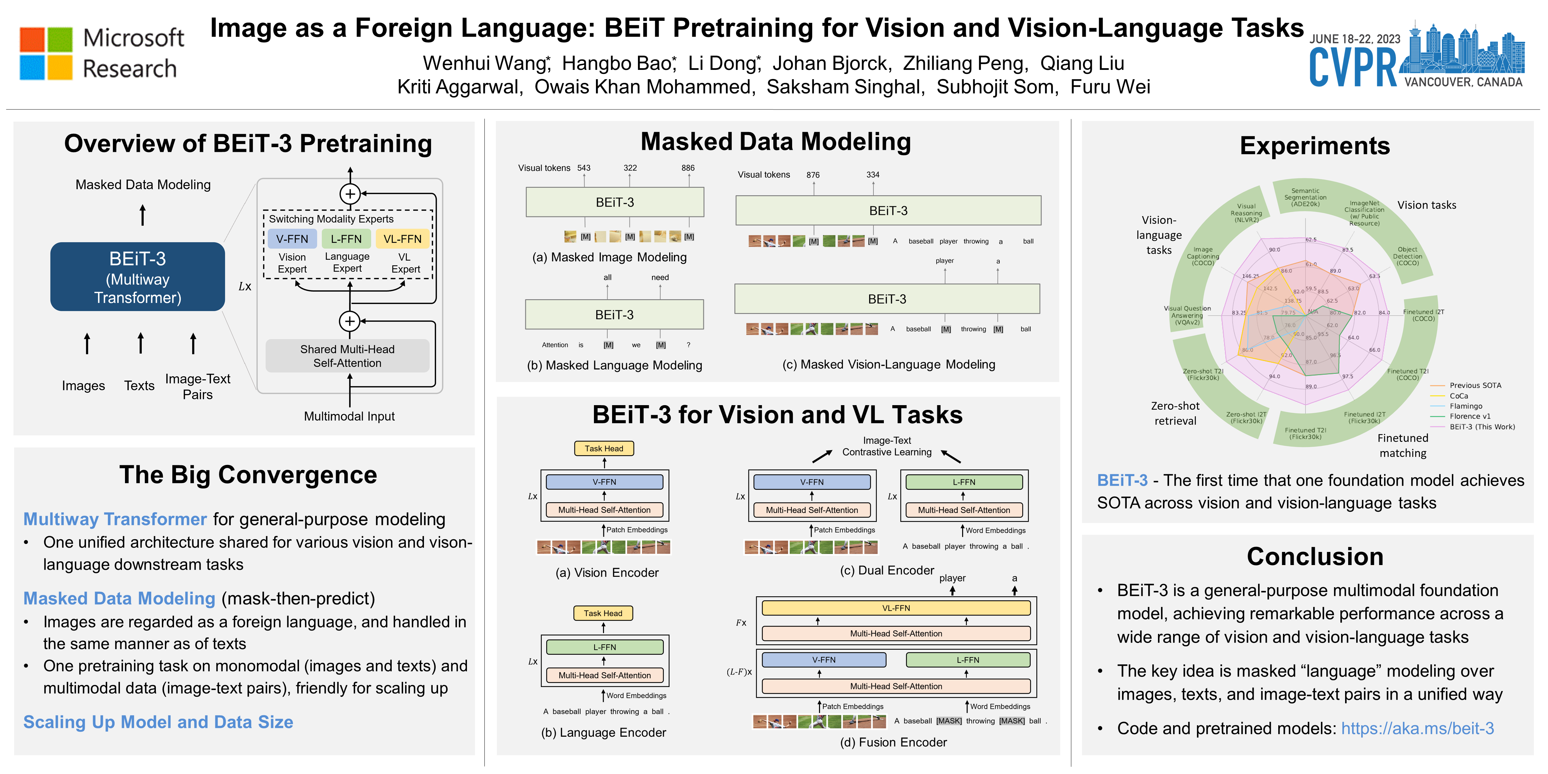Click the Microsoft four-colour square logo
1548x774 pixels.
[x=46, y=53]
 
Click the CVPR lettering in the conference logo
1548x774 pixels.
[x=1353, y=68]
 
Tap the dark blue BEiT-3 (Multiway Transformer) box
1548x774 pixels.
[x=138, y=277]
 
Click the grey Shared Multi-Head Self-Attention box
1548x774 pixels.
[x=347, y=356]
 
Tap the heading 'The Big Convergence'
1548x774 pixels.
[x=248, y=475]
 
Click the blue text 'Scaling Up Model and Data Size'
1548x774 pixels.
[x=158, y=722]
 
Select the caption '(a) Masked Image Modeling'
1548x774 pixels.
[x=609, y=257]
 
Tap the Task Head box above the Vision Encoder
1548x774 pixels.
[x=604, y=448]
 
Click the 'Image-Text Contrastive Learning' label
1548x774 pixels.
[x=887, y=446]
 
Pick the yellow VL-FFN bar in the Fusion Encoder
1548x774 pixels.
[x=896, y=608]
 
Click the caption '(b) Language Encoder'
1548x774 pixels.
[x=603, y=733]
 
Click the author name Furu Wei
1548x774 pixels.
[x=1110, y=87]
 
